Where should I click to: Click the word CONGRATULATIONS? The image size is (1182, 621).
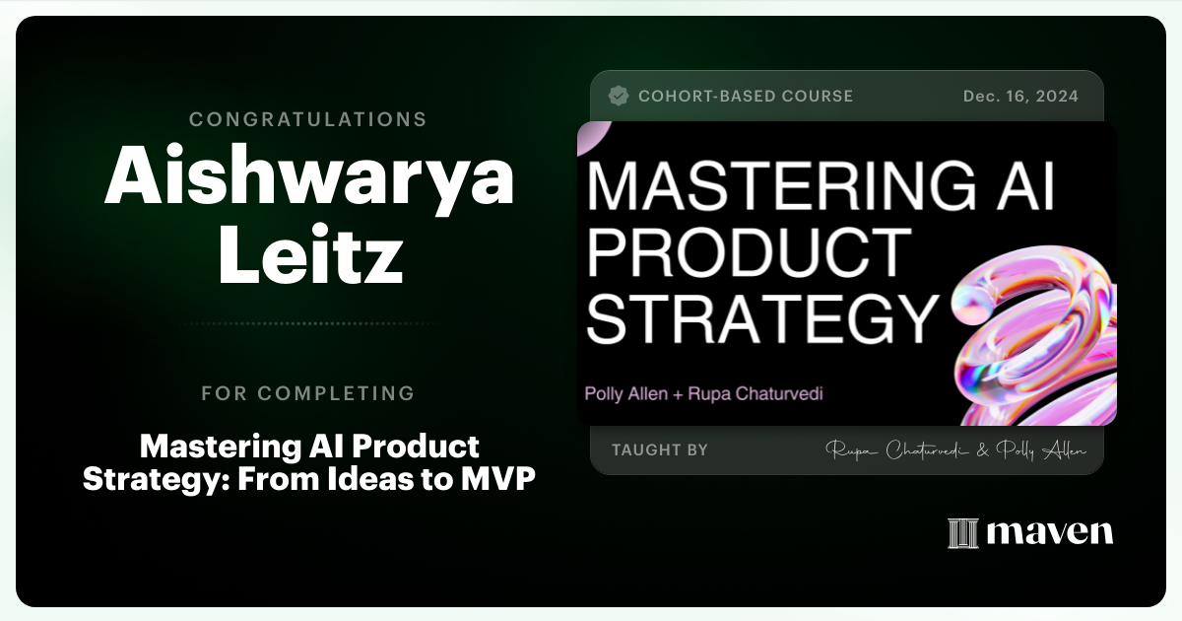[308, 119]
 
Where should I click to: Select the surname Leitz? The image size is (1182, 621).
[309, 255]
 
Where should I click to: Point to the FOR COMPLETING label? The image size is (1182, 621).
[308, 393]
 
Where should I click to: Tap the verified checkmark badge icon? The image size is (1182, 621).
[619, 96]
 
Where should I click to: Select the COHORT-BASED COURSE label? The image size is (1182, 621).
[746, 97]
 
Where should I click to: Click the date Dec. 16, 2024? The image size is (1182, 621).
[1020, 97]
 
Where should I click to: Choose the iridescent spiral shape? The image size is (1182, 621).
[1035, 335]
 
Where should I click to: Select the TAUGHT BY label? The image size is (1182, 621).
[660, 450]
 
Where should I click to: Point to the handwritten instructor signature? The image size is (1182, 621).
[955, 450]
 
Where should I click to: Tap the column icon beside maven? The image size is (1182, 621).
[962, 533]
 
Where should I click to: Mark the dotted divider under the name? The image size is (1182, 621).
[308, 323]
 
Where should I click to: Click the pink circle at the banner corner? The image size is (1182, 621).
[592, 137]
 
